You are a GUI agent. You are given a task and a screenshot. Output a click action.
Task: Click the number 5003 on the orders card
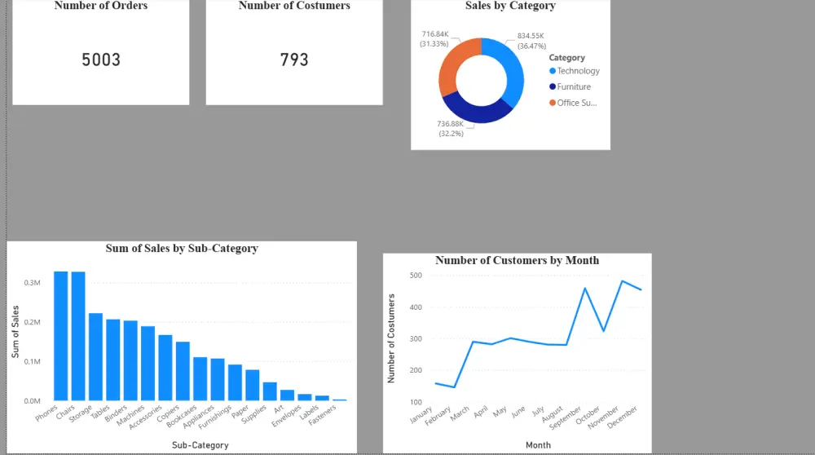coord(101,60)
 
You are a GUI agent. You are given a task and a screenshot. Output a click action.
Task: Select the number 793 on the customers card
coord(294,60)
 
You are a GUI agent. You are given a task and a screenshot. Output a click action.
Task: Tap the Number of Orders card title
coord(101,6)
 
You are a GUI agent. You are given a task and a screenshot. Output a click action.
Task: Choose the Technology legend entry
coord(578,71)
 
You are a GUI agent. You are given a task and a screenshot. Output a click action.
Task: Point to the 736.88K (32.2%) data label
coord(450,128)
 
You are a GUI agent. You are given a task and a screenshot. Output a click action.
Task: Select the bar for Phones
coord(61,335)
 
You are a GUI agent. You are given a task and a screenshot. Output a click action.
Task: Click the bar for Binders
coord(130,360)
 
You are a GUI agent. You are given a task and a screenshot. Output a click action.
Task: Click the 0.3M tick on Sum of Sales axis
coord(33,283)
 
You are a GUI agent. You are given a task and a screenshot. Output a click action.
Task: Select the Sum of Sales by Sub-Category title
coord(182,248)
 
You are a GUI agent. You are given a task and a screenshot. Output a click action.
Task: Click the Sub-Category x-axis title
coord(200,445)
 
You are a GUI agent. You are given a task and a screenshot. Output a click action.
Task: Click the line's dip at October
coord(604,330)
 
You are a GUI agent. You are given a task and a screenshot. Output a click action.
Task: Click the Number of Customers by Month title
coord(517,260)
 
